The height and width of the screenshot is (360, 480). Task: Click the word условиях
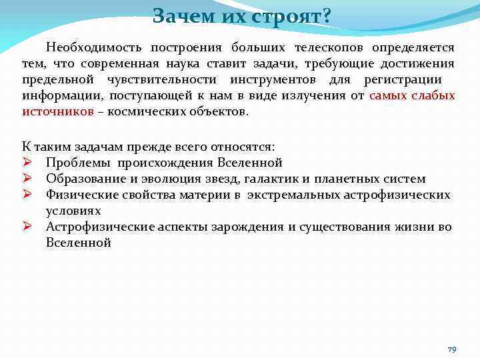click(73, 211)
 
